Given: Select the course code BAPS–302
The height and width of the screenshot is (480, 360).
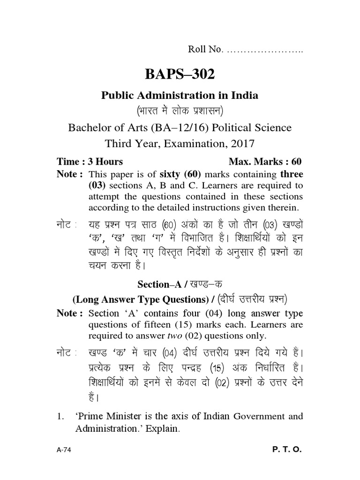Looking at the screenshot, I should coord(180,74).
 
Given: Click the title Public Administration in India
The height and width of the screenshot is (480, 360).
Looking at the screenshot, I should coord(180,95).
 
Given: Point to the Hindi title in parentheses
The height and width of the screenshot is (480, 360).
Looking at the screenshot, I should coord(180,111).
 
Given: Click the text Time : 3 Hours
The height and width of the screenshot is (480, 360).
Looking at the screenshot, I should coord(90,162).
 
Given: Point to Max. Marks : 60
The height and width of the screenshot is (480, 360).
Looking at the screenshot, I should coord(265,162).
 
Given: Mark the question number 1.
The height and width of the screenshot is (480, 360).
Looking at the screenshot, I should coord(60,416).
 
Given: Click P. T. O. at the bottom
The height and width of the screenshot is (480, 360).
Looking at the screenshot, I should coord(287,450).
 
